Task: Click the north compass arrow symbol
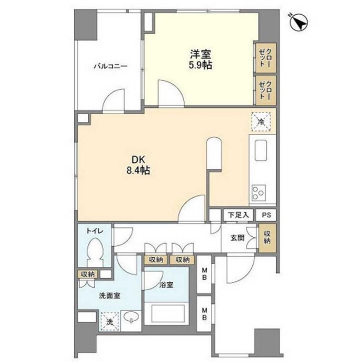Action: coord(299,22)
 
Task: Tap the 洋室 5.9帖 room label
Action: coord(200,60)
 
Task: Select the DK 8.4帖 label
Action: coord(138,165)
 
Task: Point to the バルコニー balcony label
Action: coord(110,67)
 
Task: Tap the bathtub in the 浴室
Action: coord(167,313)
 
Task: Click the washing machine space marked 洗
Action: coord(110,322)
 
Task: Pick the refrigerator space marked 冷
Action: coord(261,122)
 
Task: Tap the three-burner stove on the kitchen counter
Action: coord(258,192)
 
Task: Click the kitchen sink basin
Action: coord(261,150)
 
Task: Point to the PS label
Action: coord(266,215)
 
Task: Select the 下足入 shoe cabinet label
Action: coord(239,215)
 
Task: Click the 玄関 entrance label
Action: coord(238,238)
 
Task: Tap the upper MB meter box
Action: coord(204,273)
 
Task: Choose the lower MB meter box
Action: coord(204,314)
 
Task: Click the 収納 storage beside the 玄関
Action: coord(267,237)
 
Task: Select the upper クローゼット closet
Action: coord(265,58)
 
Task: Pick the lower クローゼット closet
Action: coord(265,90)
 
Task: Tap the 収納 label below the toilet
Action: coord(88,275)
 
